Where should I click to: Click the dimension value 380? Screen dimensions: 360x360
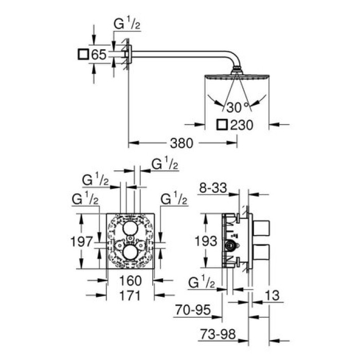point(179,143)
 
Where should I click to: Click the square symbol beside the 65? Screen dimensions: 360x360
point(83,55)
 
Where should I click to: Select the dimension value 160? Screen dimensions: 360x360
point(131,281)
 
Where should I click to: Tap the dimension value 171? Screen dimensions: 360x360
point(130,296)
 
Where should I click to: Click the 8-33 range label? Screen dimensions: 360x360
point(213,189)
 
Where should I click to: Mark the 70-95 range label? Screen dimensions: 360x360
point(194,310)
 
